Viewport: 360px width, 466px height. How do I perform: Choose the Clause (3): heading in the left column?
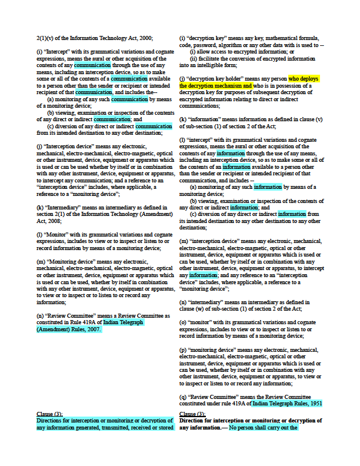click(x=50, y=414)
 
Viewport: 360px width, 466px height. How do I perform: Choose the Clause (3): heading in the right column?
click(x=192, y=414)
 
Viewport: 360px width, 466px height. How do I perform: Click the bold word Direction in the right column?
click(x=195, y=421)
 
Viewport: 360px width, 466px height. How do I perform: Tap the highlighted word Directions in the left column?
click(x=52, y=421)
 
